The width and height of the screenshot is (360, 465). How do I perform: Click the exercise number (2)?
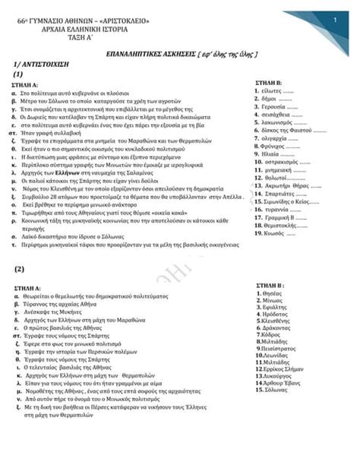coord(19,269)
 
